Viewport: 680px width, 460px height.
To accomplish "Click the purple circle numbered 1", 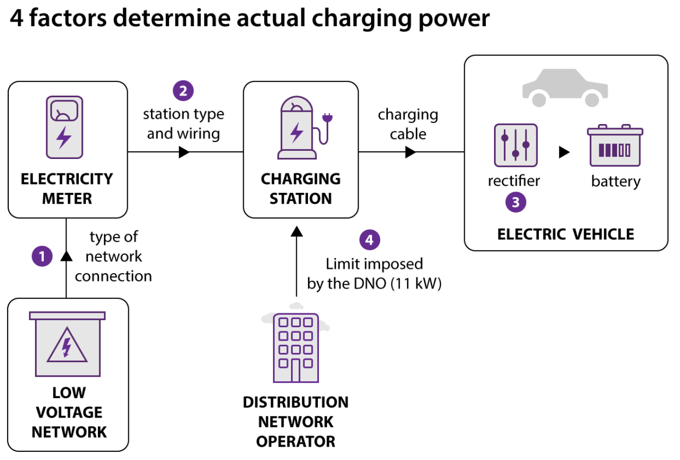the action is coord(42,256).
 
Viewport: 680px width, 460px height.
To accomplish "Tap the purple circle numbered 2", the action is coord(183,91).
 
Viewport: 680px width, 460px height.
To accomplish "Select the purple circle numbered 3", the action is coord(516,202).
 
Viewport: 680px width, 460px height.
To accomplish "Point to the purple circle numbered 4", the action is coord(369,240).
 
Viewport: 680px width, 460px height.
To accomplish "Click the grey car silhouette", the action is coord(565,87).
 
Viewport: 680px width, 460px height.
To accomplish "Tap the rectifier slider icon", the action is coord(516,145).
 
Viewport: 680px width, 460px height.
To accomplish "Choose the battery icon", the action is coord(615,145).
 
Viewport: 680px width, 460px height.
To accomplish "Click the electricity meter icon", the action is coord(64,128).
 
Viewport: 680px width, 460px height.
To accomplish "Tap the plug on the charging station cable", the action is coord(327,117).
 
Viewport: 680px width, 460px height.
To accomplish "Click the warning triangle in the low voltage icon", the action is coord(67,345).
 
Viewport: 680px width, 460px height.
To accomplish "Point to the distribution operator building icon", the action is coord(296,348).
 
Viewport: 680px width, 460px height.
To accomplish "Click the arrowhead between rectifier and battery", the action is coord(564,152).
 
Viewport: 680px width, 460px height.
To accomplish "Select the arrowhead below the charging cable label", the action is coord(411,152).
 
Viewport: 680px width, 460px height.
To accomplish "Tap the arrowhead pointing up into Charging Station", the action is coord(297,232).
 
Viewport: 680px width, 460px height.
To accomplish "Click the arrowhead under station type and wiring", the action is coord(184,152).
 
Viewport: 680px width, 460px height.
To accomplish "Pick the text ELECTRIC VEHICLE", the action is coord(566,235).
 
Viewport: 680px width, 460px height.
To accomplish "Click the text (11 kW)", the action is coord(416,284).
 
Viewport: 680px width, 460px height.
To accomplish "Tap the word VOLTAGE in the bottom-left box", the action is coord(69,412).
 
